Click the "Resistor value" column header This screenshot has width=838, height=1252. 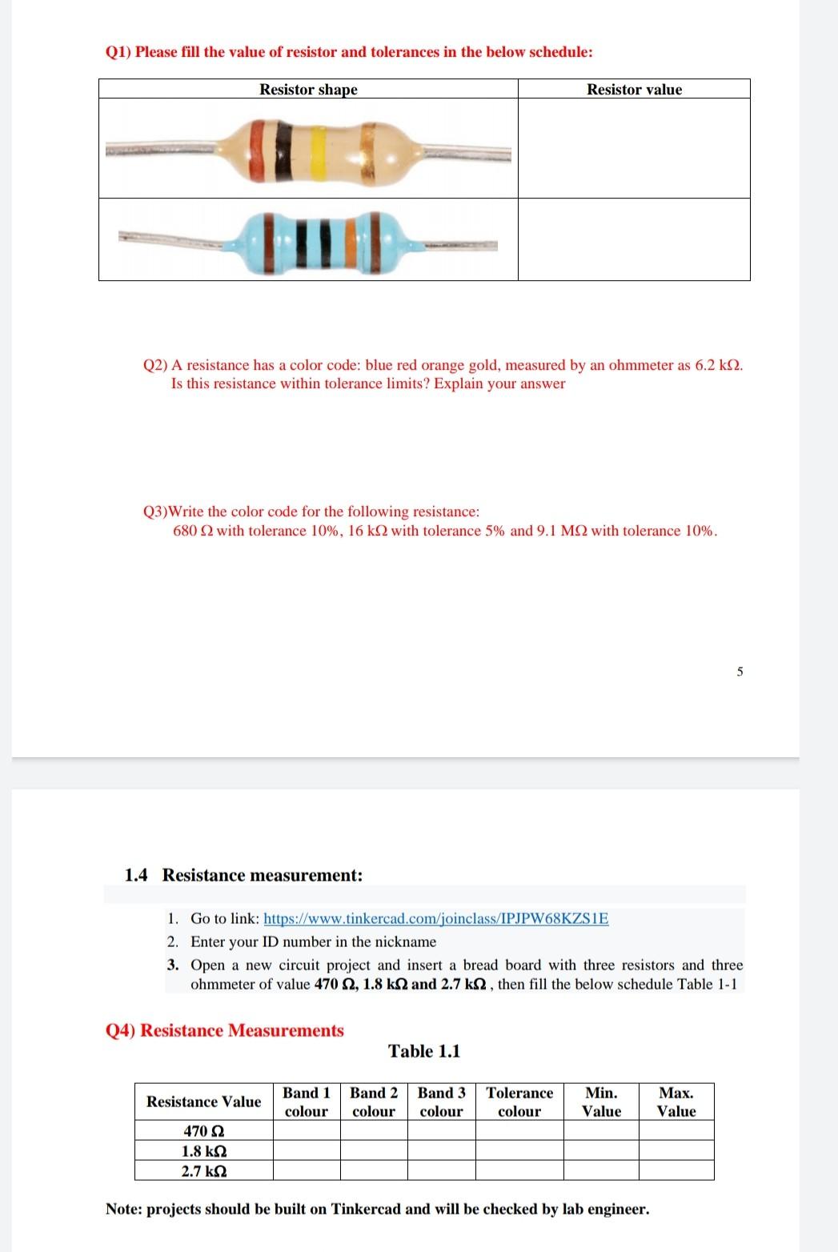click(634, 90)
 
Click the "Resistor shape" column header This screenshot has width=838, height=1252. click(308, 90)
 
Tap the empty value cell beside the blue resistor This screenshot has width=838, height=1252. click(634, 239)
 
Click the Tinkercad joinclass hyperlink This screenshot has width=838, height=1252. click(435, 918)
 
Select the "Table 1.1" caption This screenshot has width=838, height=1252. click(424, 1051)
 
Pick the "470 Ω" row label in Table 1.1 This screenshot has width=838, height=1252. click(203, 1131)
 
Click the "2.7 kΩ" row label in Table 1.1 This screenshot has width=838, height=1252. click(203, 1171)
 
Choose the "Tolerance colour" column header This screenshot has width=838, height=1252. click(519, 1102)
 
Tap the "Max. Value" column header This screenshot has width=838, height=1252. click(676, 1102)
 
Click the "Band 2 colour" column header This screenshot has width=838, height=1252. click(374, 1102)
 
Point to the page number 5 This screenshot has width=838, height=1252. click(740, 672)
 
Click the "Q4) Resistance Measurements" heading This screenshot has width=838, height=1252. click(225, 1030)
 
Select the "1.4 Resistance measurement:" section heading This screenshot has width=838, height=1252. click(243, 875)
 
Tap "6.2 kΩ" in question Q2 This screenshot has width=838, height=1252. click(716, 365)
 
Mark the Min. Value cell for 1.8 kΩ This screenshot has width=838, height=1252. click(601, 1151)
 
